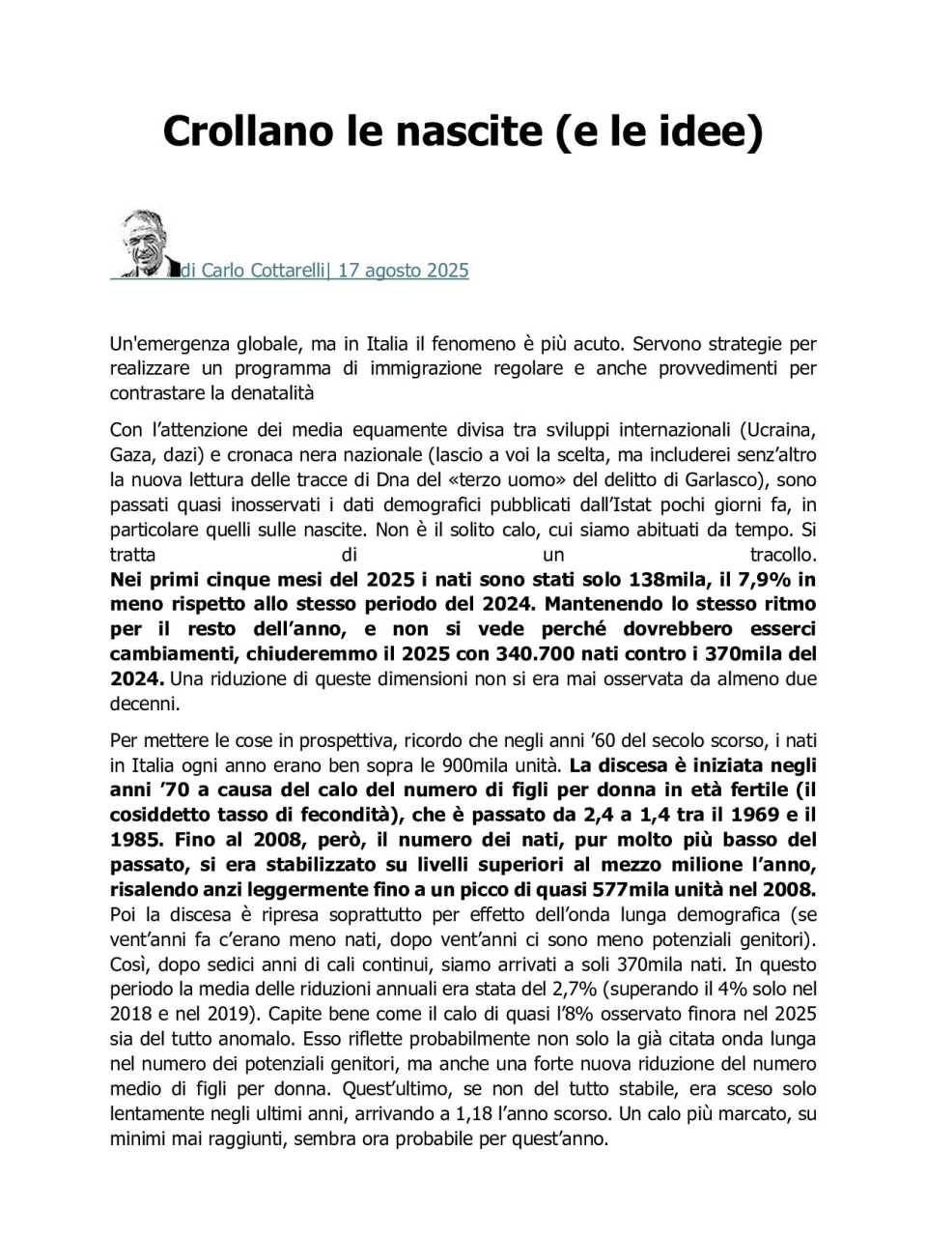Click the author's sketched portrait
click(145, 243)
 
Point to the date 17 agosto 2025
click(403, 271)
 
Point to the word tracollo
click(782, 555)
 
